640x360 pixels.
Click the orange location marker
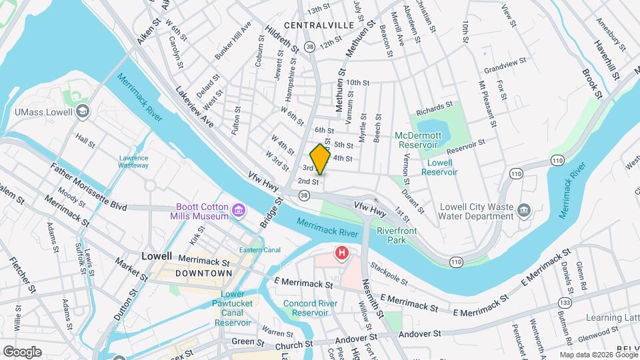coord(321,160)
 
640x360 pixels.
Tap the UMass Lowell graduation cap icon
coord(82,111)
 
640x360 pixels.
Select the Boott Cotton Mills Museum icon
coord(237,212)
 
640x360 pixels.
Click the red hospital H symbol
coord(342,253)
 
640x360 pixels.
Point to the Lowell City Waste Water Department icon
coord(525,211)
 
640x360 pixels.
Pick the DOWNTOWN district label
coord(203,274)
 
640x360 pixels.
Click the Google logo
coord(21,351)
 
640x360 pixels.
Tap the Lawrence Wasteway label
coord(133,162)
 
